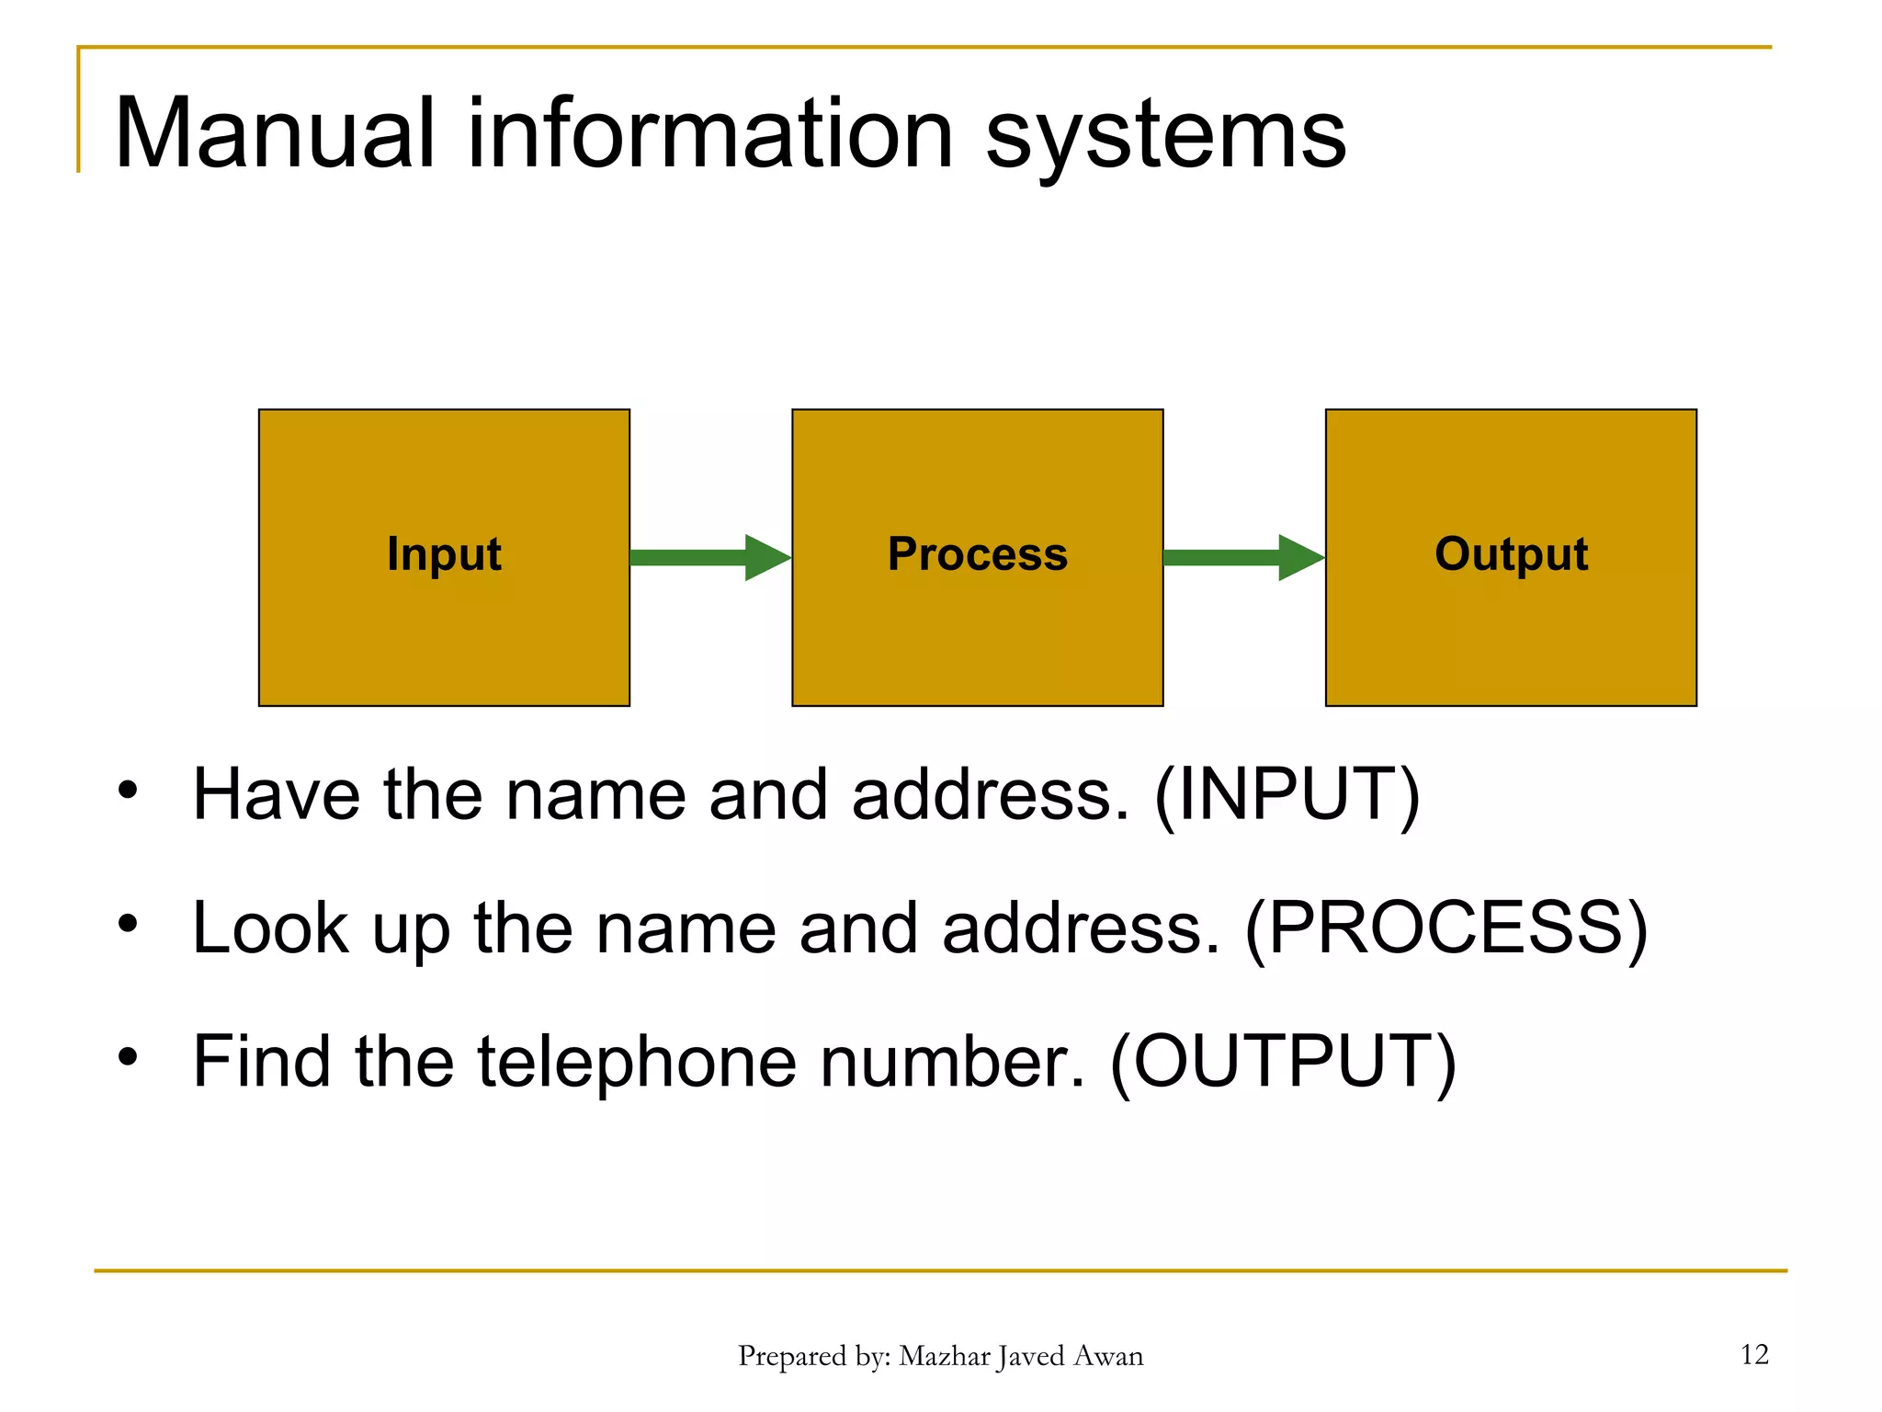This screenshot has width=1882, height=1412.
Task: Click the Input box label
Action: point(444,554)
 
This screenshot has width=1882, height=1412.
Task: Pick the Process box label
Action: point(977,554)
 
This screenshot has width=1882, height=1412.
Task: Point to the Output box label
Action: point(1511,554)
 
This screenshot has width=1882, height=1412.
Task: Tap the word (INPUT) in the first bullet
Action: point(1287,794)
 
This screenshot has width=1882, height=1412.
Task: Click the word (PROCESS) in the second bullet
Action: point(1446,928)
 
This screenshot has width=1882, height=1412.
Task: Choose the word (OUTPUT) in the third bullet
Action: point(1283,1061)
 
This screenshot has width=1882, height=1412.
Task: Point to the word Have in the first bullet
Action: point(276,794)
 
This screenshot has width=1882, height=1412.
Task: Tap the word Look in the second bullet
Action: point(270,928)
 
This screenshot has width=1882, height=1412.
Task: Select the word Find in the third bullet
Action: point(261,1061)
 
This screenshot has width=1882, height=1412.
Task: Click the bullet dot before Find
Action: point(128,1057)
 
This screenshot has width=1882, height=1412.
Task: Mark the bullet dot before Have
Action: point(128,790)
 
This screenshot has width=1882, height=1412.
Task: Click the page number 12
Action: point(1753,1354)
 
